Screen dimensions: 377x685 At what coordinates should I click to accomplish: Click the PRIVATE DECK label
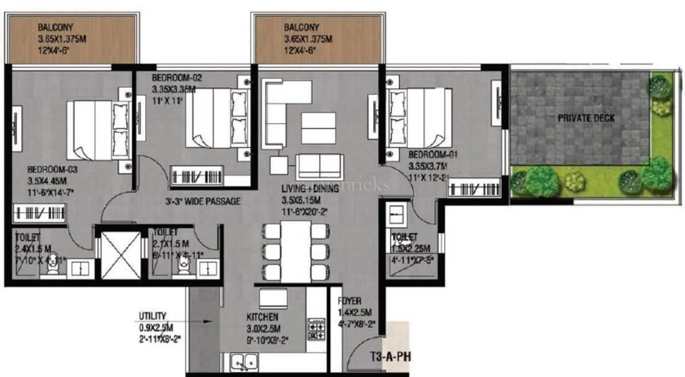click(586, 118)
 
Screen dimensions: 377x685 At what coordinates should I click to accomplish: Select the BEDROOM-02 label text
click(177, 78)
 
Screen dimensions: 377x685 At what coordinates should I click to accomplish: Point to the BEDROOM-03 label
click(53, 169)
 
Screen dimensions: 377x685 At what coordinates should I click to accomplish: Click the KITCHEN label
click(263, 318)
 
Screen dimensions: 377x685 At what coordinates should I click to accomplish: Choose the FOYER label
click(350, 301)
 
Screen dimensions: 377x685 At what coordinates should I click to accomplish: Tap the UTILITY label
click(152, 316)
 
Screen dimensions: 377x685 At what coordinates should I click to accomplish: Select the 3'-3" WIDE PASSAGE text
click(203, 202)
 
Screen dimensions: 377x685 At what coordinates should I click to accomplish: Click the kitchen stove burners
click(316, 329)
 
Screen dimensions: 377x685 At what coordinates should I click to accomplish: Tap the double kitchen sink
click(243, 362)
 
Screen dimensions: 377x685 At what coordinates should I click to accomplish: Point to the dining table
click(296, 250)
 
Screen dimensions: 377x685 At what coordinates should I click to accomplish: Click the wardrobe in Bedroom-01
click(474, 188)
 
